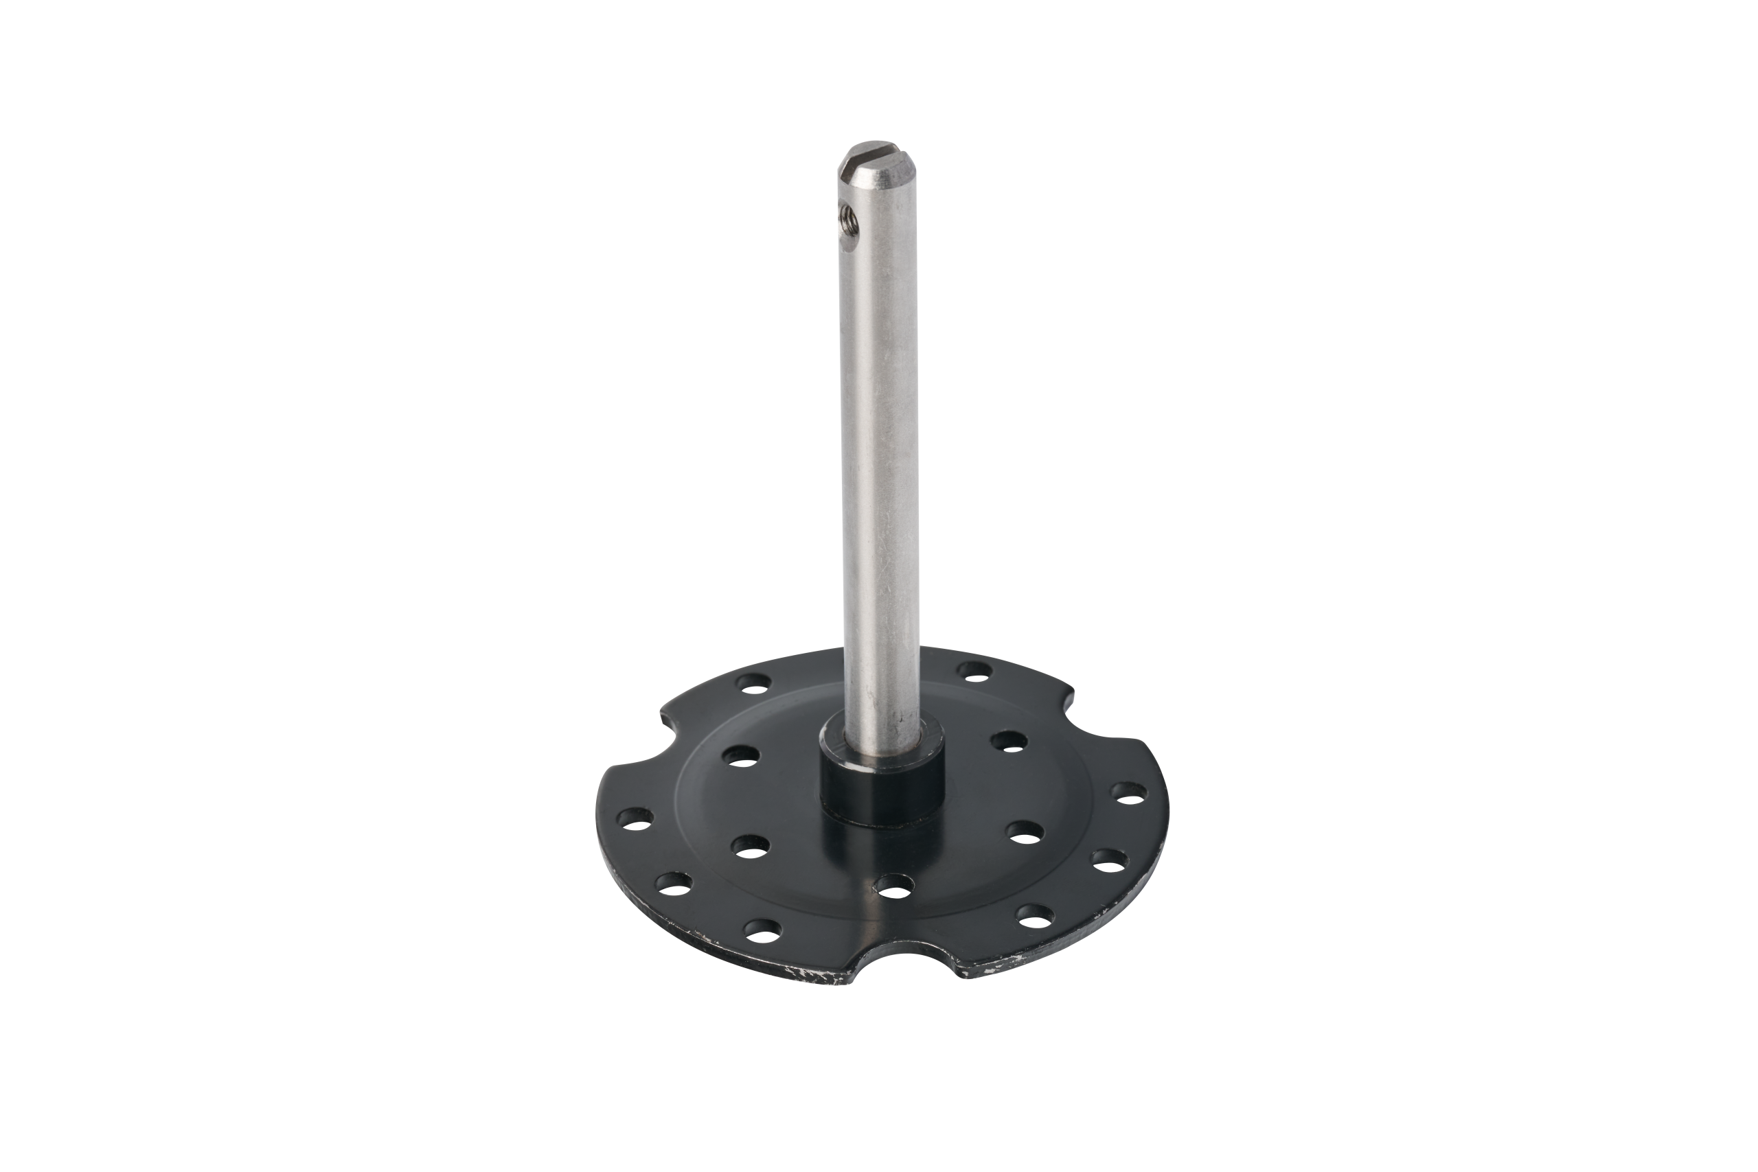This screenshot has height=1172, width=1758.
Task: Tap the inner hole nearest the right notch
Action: [1009, 740]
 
